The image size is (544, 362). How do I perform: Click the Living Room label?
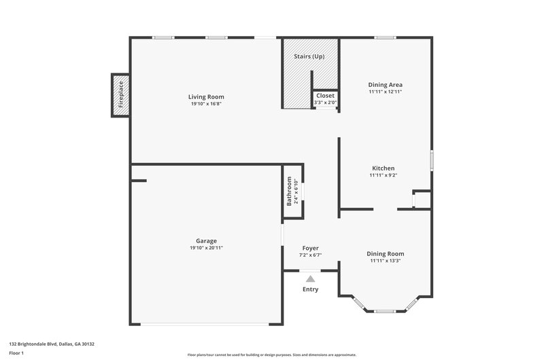click(206, 97)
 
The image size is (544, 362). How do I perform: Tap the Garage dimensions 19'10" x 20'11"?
click(206, 249)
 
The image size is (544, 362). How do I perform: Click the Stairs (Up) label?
click(309, 56)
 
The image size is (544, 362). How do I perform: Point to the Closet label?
click(325, 96)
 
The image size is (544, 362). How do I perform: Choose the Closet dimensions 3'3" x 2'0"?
click(325, 103)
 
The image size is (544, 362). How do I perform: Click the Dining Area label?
click(386, 85)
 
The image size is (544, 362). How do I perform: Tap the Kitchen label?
click(383, 168)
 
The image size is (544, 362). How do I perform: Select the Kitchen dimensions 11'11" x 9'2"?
click(383, 175)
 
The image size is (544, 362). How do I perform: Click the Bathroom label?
click(289, 192)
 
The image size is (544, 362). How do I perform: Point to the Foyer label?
click(310, 249)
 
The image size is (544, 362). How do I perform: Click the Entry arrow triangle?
click(311, 278)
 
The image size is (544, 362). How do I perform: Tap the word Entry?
click(311, 289)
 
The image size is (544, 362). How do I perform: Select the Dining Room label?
click(386, 253)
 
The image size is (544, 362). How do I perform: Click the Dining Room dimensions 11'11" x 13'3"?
click(386, 261)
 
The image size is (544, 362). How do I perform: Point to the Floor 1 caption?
click(16, 354)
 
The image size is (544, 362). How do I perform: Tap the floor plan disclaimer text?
click(271, 355)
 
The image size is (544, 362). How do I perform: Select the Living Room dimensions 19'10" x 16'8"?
click(206, 104)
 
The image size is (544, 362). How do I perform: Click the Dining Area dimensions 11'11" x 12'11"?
click(386, 92)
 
